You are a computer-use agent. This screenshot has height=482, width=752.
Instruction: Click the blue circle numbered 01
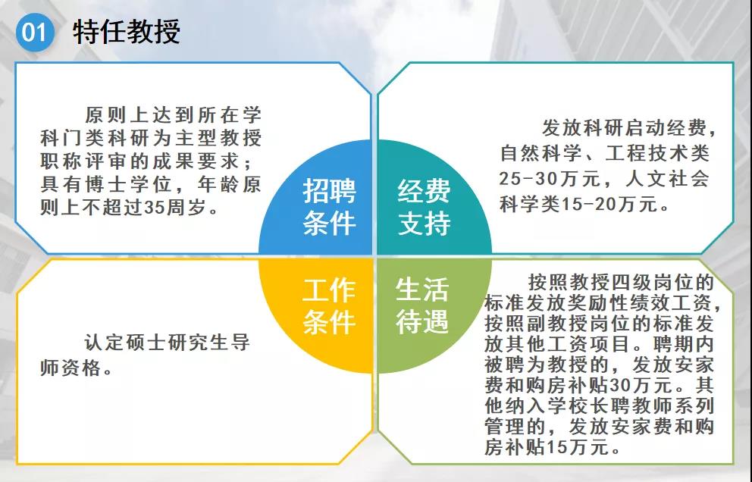35,32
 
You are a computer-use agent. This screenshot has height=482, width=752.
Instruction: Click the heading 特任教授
127,32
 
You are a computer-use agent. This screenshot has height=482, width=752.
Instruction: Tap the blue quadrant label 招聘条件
330,207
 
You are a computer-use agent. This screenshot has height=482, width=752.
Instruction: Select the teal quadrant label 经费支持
424,207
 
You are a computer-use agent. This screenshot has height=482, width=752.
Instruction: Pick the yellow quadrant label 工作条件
330,306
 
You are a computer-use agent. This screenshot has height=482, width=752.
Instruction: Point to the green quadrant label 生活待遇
422,306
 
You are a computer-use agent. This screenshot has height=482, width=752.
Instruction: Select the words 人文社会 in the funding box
667,179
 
